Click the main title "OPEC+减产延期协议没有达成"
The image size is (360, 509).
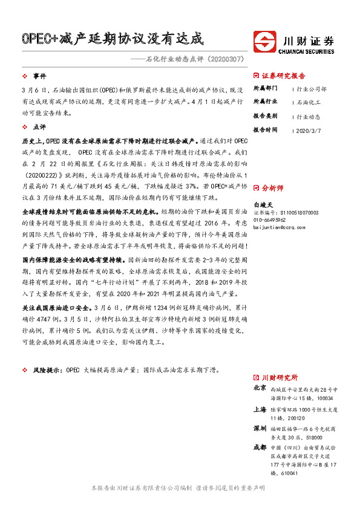(113, 39)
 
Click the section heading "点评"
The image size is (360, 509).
(39, 128)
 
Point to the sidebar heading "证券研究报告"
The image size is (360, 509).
(283, 76)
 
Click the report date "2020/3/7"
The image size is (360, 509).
(311, 129)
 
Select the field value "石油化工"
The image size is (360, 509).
(309, 102)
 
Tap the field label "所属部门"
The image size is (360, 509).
(264, 88)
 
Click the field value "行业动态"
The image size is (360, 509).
(309, 116)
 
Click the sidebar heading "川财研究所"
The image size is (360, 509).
(280, 377)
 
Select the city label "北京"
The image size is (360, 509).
(260, 389)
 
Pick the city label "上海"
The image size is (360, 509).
(260, 409)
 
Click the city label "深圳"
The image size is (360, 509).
(260, 428)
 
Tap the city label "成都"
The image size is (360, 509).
(260, 447)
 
